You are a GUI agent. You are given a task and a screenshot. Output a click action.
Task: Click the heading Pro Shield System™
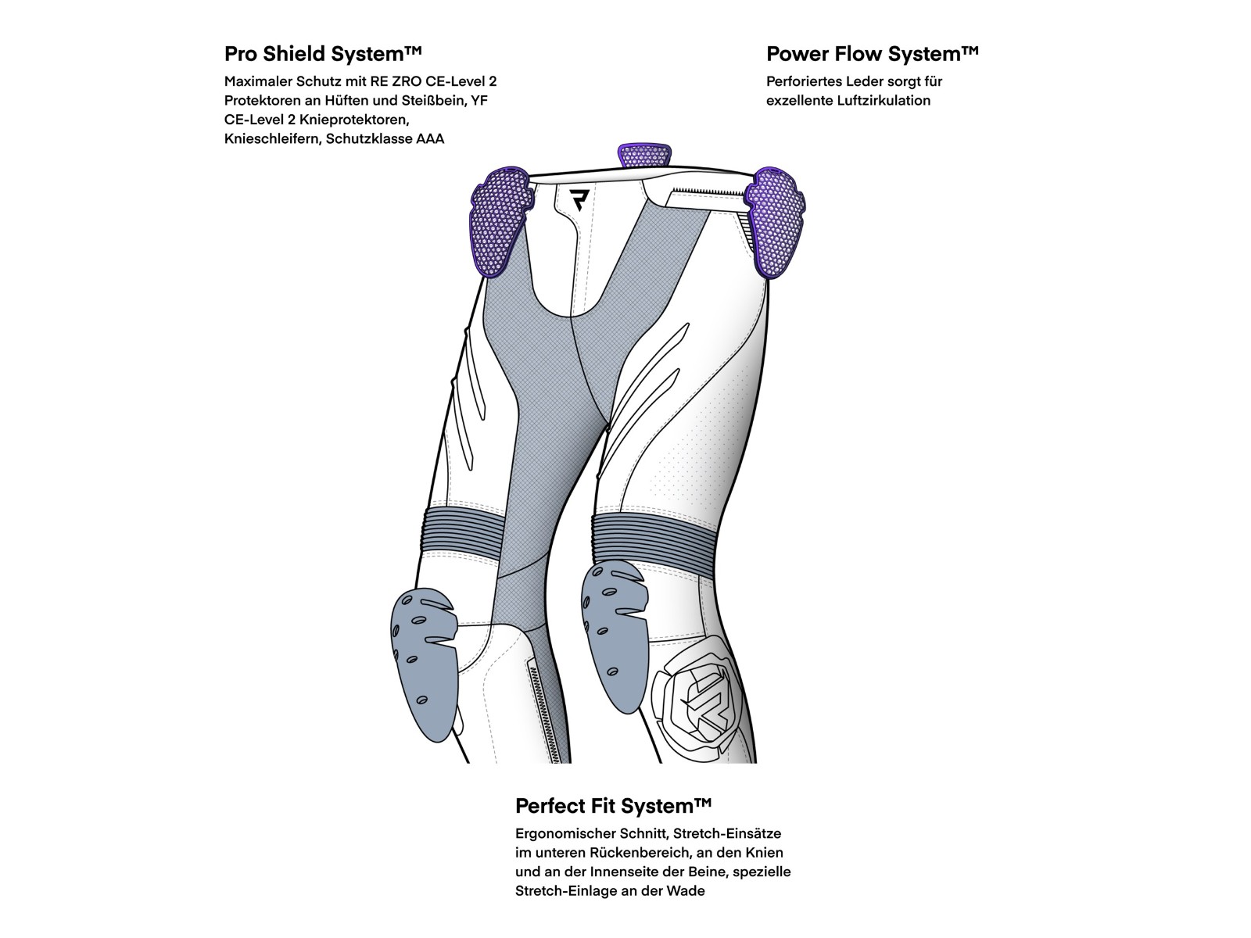pos(323,54)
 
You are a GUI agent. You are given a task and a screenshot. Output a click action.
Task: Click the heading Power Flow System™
pos(872,54)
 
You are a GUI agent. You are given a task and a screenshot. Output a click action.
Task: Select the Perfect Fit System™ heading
pos(613,806)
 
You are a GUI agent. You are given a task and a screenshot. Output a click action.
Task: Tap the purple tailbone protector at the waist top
pos(644,156)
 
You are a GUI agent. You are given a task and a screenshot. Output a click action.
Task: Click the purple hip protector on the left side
pos(500,221)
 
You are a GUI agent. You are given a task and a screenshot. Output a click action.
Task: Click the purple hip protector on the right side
pos(774,221)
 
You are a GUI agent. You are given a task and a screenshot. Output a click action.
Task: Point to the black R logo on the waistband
pos(579,200)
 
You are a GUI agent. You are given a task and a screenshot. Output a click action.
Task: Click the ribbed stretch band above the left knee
pos(464,530)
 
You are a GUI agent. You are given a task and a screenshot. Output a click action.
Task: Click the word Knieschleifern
pos(271,139)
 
